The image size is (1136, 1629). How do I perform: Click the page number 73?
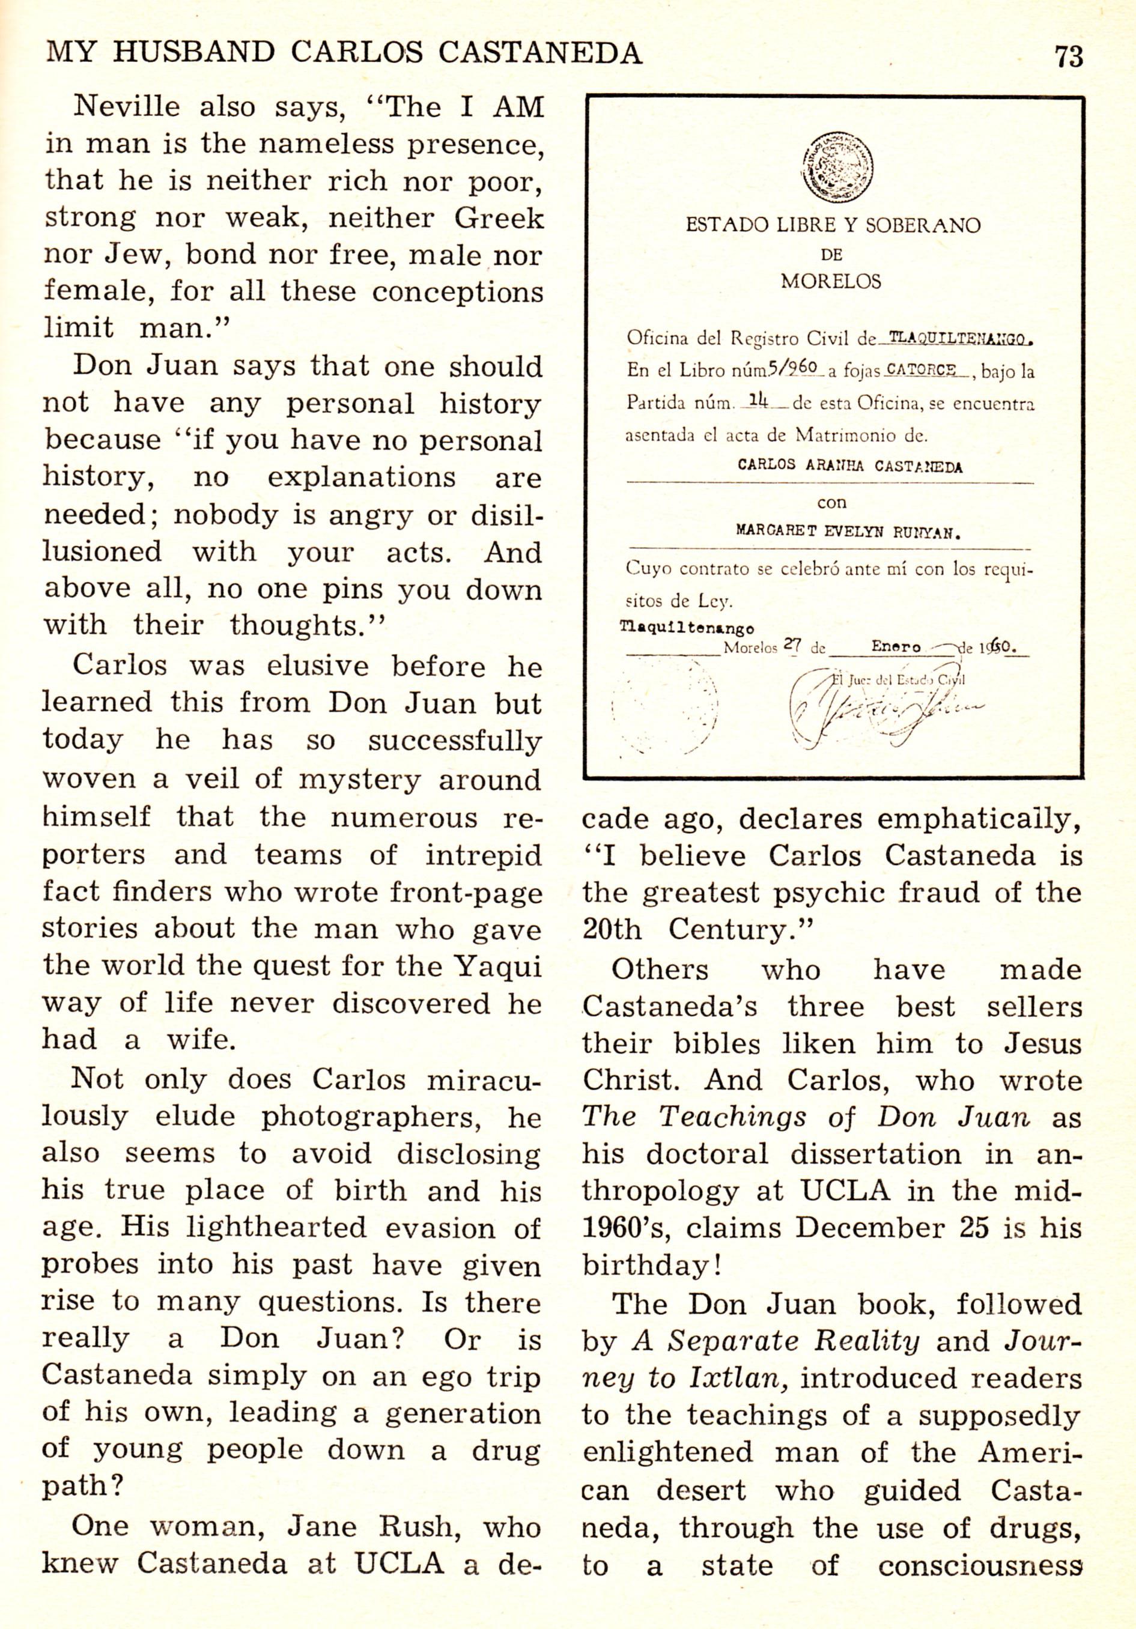1069,56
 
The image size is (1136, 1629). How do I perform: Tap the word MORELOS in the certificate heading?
831,282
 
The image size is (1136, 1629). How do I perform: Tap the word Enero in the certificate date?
896,647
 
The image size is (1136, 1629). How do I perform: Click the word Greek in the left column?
499,219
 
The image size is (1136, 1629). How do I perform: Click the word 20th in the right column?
612,929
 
